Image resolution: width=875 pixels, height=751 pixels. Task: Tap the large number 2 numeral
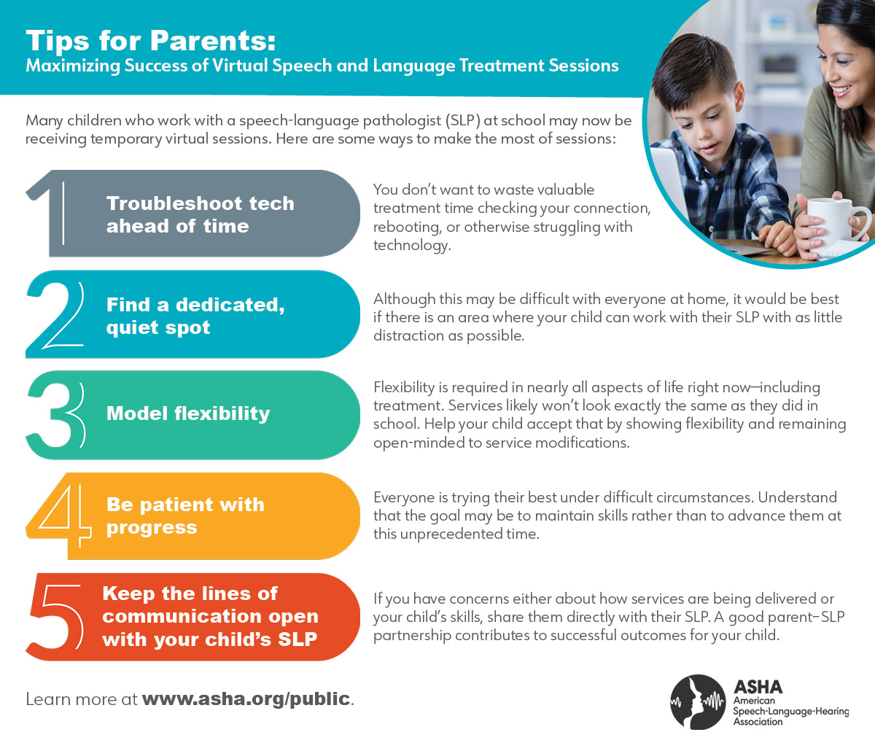(x=54, y=315)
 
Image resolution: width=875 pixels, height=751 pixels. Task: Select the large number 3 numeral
(x=54, y=414)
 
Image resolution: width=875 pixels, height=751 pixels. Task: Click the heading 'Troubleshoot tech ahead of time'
(x=200, y=214)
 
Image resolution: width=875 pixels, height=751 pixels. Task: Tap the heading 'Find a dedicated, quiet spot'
(x=195, y=316)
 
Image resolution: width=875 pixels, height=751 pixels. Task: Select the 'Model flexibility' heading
(x=188, y=413)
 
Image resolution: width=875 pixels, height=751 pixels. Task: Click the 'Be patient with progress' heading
(x=185, y=515)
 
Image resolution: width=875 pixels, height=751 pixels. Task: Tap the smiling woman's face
(x=846, y=73)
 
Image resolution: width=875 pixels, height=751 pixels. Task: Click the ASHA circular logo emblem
(x=698, y=701)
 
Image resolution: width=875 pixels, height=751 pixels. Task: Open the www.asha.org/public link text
(x=246, y=699)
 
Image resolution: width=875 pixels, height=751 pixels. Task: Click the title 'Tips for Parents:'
(x=151, y=41)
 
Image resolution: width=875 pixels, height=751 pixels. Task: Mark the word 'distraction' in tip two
(x=409, y=335)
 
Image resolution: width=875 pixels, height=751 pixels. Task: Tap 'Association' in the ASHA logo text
(x=758, y=722)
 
